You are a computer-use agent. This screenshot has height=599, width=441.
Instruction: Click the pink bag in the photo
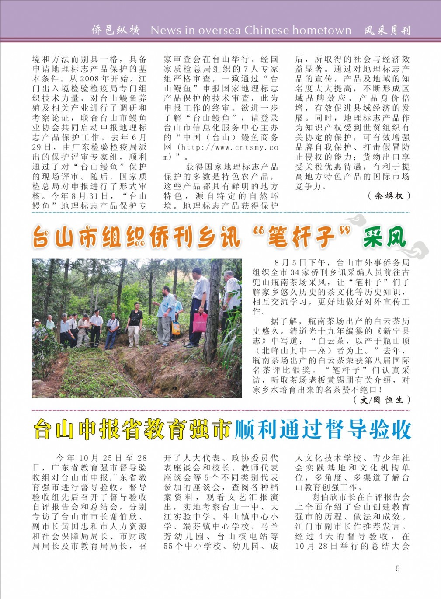(x=200, y=322)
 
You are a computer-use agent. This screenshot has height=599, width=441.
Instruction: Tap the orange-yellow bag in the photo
(x=176, y=327)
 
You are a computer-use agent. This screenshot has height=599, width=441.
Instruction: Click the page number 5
(x=397, y=568)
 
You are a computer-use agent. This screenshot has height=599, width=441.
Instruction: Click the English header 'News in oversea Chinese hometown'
(x=251, y=30)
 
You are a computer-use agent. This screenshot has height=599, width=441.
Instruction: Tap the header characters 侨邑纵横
(x=115, y=30)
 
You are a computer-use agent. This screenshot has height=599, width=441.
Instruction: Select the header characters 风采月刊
(x=387, y=30)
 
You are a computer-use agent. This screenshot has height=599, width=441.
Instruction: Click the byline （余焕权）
(x=389, y=196)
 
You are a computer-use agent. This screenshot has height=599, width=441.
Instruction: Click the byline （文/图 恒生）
(x=381, y=400)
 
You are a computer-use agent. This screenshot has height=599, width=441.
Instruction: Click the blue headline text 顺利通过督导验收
(x=323, y=430)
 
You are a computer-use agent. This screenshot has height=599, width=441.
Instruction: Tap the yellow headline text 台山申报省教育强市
(x=132, y=430)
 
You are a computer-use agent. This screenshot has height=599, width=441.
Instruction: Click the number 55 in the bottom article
(x=168, y=546)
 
